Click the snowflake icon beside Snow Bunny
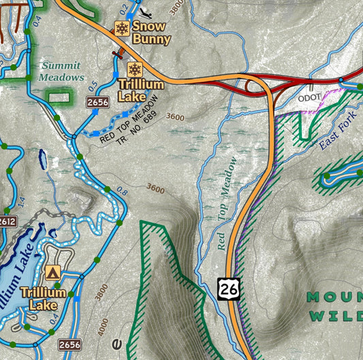pos(122,29)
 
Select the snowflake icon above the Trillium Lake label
pos(134,70)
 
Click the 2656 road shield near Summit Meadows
pos(97,102)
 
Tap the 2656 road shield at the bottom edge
pos(69,344)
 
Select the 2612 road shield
pos(7,222)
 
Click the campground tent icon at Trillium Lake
pos(52,273)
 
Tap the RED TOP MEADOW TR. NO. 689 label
pos(131,120)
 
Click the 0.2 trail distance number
pos(124,8)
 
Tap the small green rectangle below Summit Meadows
pos(59,96)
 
